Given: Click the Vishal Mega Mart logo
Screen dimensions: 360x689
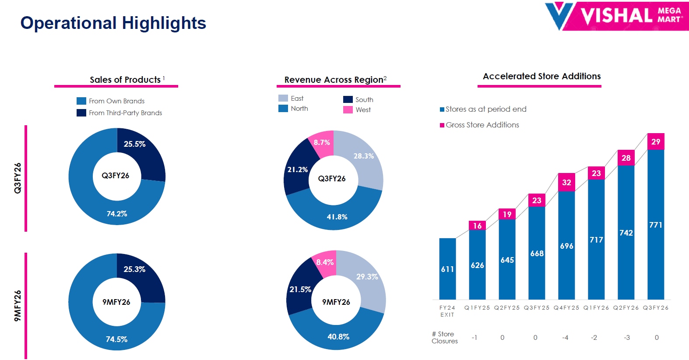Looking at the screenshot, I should point(616,16).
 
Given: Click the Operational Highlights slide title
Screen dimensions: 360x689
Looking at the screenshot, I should point(113,23).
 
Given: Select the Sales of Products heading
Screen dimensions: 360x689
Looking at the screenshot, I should point(125,80).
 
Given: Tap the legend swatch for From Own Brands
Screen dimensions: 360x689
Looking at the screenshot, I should point(81,101).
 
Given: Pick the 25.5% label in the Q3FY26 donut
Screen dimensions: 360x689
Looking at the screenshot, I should point(134,144).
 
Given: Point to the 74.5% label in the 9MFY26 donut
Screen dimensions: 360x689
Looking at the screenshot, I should point(116,339).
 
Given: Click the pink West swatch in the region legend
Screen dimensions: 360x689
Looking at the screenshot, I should point(348,110).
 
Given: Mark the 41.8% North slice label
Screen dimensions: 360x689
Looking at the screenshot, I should point(337,217).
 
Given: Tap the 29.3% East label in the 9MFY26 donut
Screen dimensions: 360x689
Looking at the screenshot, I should point(367,277).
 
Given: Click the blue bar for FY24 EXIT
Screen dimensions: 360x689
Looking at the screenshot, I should point(447,268).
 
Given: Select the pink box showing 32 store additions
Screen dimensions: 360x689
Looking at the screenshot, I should point(566,182).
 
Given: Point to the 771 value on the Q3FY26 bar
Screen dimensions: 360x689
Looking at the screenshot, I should point(656,225).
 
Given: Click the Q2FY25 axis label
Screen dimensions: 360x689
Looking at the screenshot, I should point(507,308).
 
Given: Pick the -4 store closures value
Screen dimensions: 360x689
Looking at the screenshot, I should point(565,338).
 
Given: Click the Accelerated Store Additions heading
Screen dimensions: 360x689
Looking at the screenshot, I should point(541,76).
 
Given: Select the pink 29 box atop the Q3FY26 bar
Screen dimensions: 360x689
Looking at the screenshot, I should point(656,141).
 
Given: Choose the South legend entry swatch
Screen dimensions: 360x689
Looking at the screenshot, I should point(348,100).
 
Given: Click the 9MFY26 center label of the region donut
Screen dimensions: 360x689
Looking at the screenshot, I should point(336,302).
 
